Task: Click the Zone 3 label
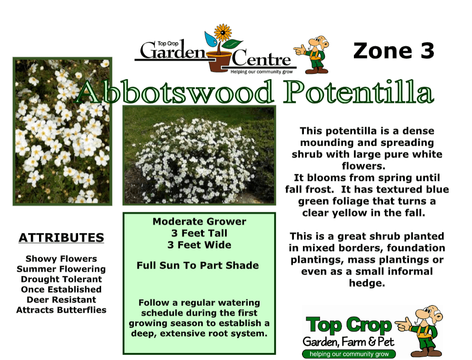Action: pos(394,51)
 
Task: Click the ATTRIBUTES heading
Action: pos(61,238)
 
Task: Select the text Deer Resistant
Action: pos(61,300)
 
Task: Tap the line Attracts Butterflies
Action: pos(61,310)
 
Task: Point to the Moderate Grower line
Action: pos(199,221)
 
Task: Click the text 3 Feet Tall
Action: pos(199,233)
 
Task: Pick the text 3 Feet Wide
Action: pos(199,245)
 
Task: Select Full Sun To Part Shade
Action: pos(198,266)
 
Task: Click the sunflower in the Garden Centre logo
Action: pos(223,32)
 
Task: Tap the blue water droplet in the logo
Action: pos(211,39)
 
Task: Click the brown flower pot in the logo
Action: pos(220,62)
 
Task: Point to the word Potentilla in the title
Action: pos(359,92)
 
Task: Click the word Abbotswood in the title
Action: pos(175,92)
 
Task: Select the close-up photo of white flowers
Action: pos(62,131)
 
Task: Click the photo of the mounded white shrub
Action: pos(199,155)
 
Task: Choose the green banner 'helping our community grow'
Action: pos(349,354)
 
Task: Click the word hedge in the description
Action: pos(367,283)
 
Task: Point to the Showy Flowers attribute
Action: pos(61,259)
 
